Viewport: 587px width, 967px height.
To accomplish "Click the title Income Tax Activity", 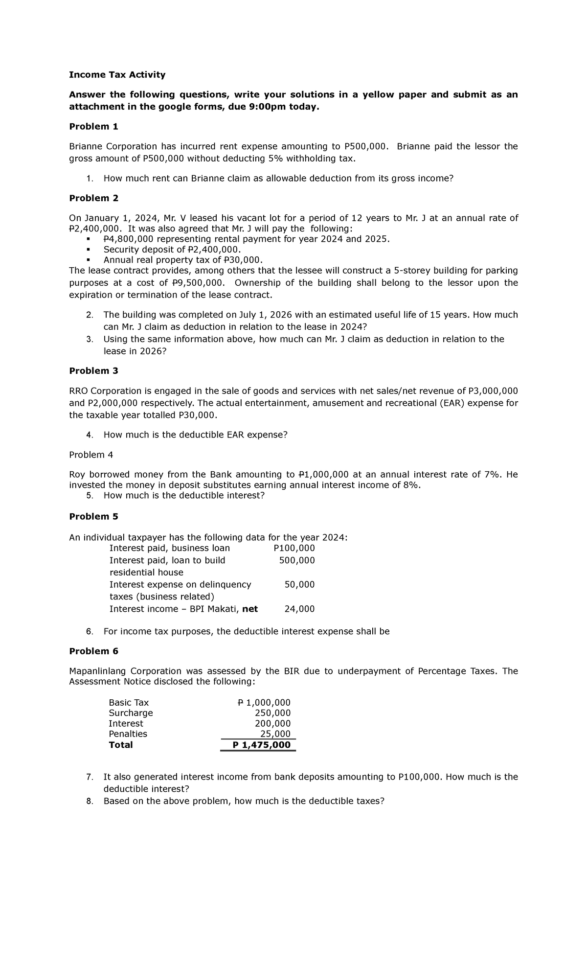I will click(x=117, y=74).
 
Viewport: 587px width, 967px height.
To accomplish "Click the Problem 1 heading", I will click(x=93, y=126).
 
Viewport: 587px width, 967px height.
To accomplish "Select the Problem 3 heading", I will click(x=93, y=370).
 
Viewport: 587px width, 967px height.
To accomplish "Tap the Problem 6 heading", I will click(x=93, y=651).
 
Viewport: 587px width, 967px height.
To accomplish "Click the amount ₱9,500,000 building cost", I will click(x=199, y=283).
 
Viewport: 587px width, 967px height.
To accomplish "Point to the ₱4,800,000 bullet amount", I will click(x=128, y=239).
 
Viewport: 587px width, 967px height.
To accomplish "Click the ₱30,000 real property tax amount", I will click(x=238, y=259).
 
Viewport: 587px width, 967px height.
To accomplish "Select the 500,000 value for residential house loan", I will click(x=296, y=560).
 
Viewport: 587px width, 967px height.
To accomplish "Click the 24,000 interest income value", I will click(x=299, y=609).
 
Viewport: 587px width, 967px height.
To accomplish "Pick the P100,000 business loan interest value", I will click(x=294, y=548).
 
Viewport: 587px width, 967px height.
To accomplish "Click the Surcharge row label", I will click(x=131, y=713).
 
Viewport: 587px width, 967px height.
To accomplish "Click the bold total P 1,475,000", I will click(x=261, y=745).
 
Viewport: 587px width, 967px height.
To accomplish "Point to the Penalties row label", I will click(x=128, y=734).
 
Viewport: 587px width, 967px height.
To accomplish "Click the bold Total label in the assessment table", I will click(x=121, y=745).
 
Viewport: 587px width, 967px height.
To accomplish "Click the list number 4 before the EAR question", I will click(x=89, y=435).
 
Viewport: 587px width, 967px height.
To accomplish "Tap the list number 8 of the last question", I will click(x=89, y=801).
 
